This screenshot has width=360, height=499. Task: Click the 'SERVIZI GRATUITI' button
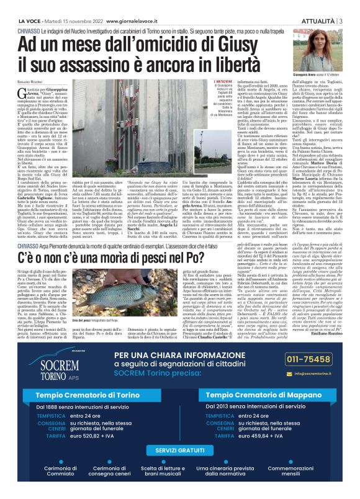tap(180, 449)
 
